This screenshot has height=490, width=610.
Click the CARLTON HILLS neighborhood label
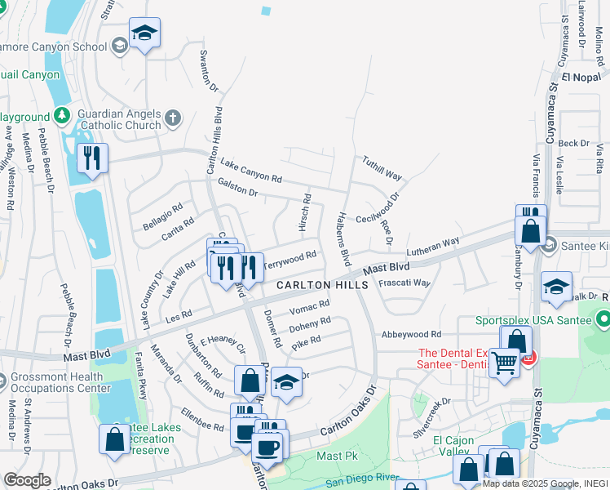point(322,285)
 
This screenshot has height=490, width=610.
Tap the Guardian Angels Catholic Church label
point(120,120)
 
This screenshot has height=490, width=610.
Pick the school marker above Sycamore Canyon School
point(144,33)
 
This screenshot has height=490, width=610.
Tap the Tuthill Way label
point(382,169)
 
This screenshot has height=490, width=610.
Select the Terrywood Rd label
point(289,259)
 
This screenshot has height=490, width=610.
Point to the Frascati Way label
point(404,283)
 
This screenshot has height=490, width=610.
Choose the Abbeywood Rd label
point(410,334)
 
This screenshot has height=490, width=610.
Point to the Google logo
point(27,480)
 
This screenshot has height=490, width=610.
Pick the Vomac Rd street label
point(310,307)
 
